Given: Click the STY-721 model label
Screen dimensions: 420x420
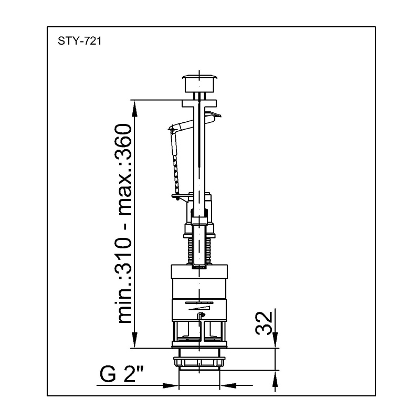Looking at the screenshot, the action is coord(80,41).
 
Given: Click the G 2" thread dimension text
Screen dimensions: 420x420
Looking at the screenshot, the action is coord(122,374).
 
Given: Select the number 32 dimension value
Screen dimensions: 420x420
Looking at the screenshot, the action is coord(264,323).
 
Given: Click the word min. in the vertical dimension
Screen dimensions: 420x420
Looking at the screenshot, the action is coord(123,302).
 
